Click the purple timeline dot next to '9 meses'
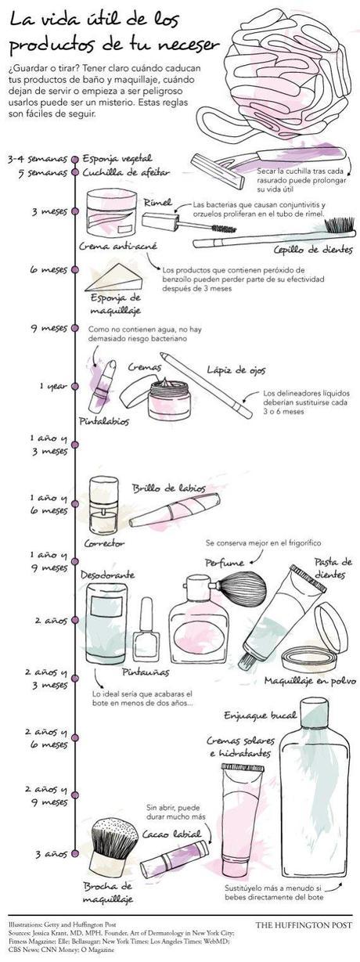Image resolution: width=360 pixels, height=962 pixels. pyautogui.click(x=74, y=328)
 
